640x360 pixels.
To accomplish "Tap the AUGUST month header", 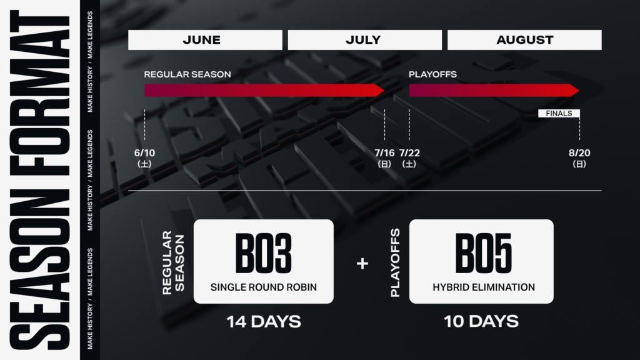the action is (524, 40).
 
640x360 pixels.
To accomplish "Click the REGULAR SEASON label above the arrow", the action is (187, 74).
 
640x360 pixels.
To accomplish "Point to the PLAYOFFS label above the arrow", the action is (432, 74).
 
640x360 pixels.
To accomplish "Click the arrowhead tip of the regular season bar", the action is (384, 90).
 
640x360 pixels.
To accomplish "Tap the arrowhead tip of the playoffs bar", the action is (579, 90).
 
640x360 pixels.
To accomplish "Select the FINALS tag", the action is (559, 114).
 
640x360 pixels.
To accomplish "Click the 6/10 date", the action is (144, 153).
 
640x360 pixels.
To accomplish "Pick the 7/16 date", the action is (384, 153).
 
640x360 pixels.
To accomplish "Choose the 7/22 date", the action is (409, 153).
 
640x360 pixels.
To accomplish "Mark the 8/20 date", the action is (579, 153).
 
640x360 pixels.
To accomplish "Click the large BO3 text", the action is (264, 253).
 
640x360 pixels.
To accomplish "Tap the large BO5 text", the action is (483, 253).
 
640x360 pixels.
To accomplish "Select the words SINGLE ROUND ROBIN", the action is (264, 287).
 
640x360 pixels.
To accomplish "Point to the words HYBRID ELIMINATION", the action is (484, 287).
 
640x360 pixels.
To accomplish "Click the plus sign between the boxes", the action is (362, 263).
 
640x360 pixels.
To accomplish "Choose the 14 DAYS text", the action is (264, 322).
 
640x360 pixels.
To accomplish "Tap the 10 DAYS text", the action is (481, 322).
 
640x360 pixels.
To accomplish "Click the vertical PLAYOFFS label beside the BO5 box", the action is (395, 262).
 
